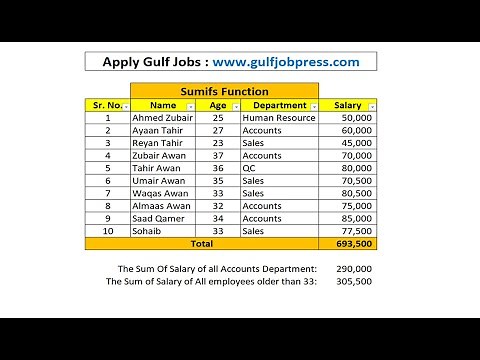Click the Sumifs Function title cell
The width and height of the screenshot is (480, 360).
click(x=230, y=90)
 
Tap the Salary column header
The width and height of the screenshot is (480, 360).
click(x=347, y=105)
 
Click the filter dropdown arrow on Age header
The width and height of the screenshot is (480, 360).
click(x=235, y=105)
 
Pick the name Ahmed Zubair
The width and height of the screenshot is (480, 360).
click(x=163, y=118)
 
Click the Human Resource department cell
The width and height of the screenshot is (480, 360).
click(x=279, y=118)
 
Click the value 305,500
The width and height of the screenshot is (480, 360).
click(x=355, y=281)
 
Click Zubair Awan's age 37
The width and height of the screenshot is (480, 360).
click(x=218, y=156)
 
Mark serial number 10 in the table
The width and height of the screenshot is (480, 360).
click(x=107, y=230)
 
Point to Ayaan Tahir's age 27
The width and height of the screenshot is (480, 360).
click(x=218, y=130)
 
